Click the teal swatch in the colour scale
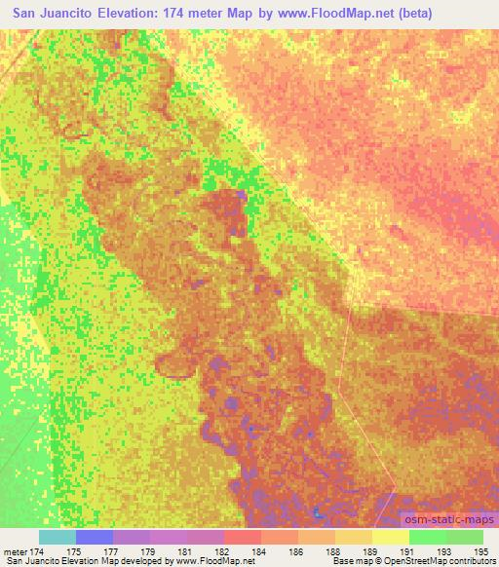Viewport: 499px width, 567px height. coord(58,537)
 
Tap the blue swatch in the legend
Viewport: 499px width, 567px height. coord(95,537)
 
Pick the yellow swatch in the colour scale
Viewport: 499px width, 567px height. coord(391,537)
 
